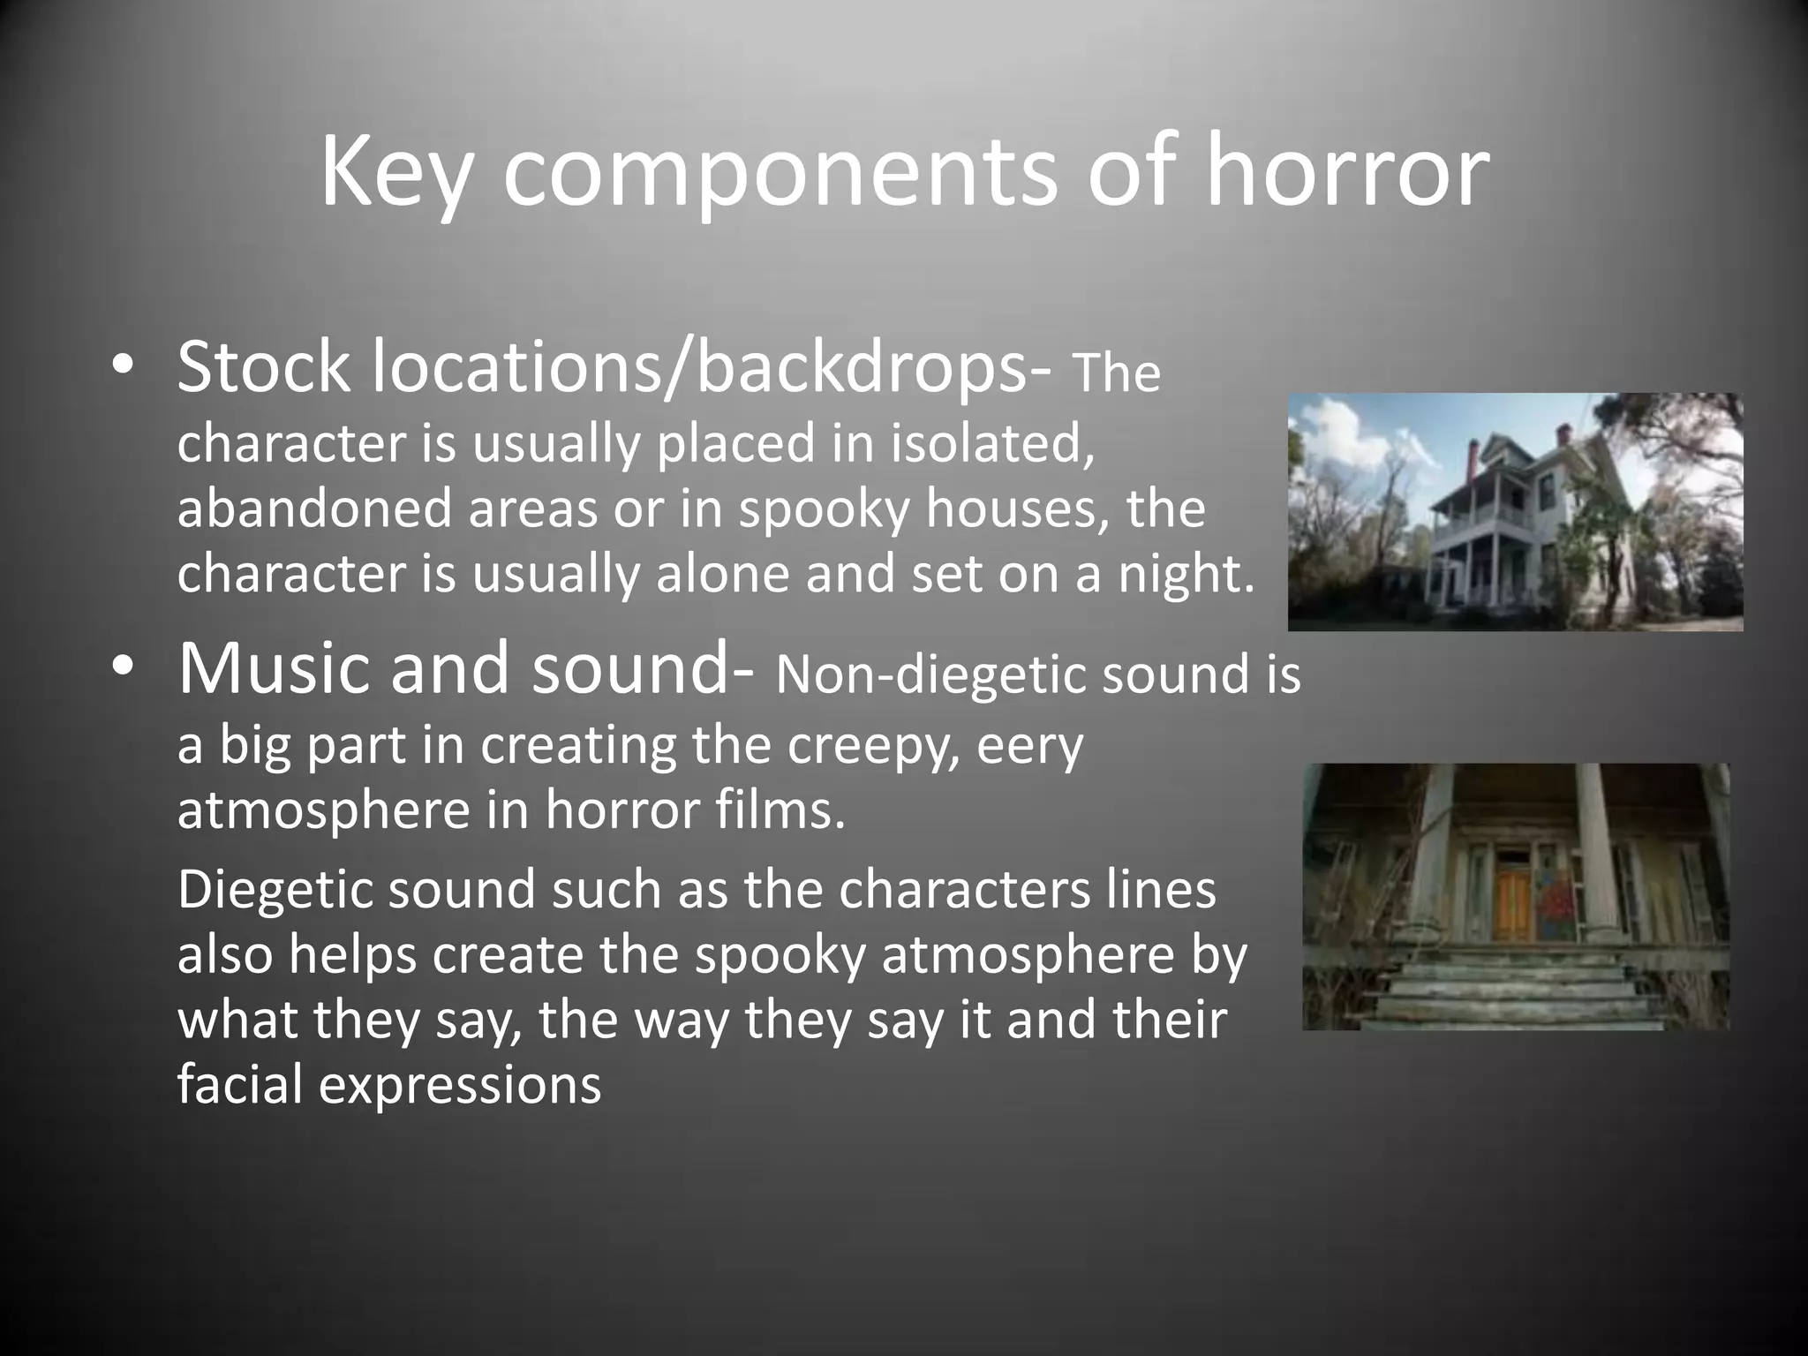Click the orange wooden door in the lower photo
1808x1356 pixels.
(1510, 905)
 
